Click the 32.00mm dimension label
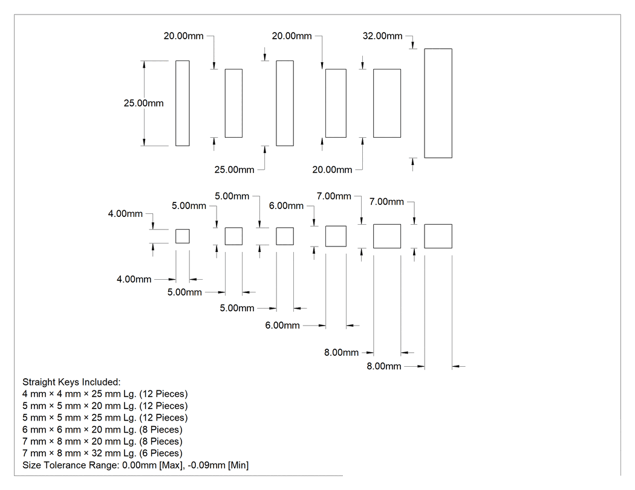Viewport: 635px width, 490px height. pyautogui.click(x=382, y=36)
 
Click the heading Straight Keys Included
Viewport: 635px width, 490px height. pyautogui.click(x=71, y=382)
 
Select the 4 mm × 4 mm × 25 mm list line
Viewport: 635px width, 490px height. pyautogui.click(x=105, y=394)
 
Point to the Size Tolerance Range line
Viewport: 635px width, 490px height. pyautogui.click(x=135, y=465)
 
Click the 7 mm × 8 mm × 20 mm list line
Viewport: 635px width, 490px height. pyautogui.click(x=102, y=441)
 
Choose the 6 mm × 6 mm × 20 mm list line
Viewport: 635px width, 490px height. pyautogui.click(x=102, y=430)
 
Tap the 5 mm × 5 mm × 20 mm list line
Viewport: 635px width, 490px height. pyautogui.click(x=105, y=405)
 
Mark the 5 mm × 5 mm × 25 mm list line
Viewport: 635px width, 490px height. pyautogui.click(x=105, y=417)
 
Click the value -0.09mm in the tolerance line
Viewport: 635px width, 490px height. pyautogui.click(x=207, y=465)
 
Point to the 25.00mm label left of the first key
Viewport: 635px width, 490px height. pyautogui.click(x=144, y=103)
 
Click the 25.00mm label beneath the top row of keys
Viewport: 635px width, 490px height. pyautogui.click(x=234, y=170)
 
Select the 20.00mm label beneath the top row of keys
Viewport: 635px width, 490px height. pyautogui.click(x=332, y=170)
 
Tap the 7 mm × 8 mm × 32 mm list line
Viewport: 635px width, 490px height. pyautogui.click(x=102, y=453)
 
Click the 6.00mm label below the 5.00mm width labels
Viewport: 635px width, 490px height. pyautogui.click(x=282, y=325)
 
